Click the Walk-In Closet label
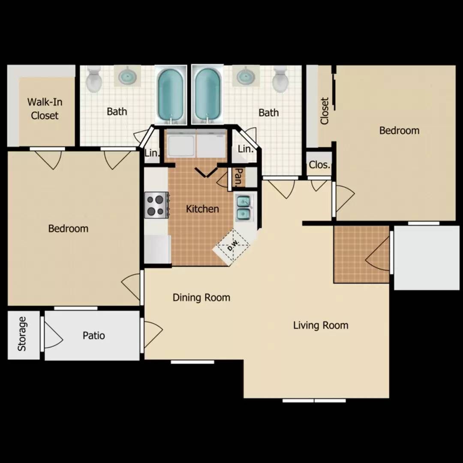[45, 108]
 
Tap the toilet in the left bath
[94, 79]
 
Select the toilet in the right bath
[280, 79]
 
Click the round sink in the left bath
[127, 76]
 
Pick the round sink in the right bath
[246, 76]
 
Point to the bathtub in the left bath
[171, 95]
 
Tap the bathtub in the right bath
[207, 95]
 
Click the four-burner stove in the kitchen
[156, 205]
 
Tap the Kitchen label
[202, 209]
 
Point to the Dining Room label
[201, 298]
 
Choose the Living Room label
[321, 325]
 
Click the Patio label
[93, 335]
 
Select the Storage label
[22, 334]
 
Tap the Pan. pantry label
[239, 177]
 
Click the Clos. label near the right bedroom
[319, 165]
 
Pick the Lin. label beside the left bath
[152, 153]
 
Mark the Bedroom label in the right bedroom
[399, 130]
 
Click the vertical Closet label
[325, 111]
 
